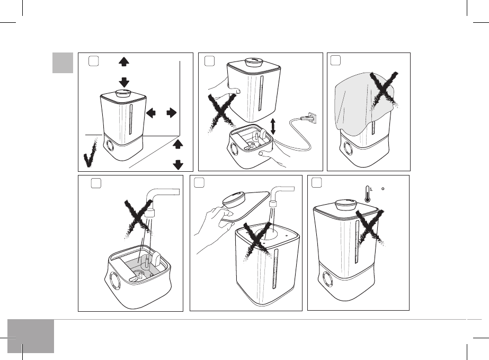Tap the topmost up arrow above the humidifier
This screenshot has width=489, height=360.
[124, 62]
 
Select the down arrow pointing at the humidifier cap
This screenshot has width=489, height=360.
[124, 81]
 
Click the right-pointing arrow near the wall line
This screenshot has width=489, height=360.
[172, 112]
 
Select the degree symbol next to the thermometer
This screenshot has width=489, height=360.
[383, 187]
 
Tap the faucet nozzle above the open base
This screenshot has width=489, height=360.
[152, 214]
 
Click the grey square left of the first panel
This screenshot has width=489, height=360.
[63, 63]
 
